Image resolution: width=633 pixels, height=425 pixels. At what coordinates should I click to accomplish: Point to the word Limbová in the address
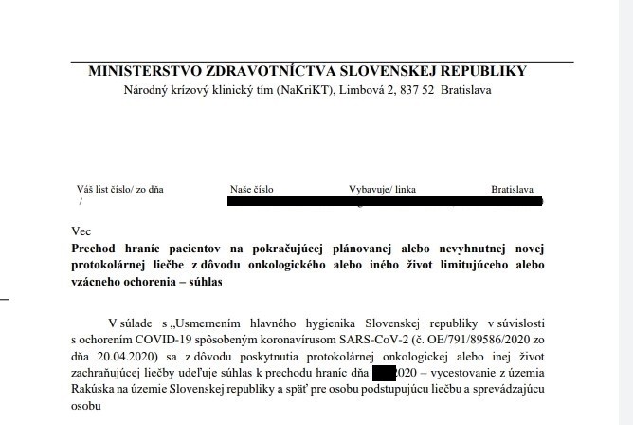coord(356,90)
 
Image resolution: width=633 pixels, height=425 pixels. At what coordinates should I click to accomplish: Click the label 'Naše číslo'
coord(251,189)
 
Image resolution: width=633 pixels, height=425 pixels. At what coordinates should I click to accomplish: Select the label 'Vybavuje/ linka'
coord(383,189)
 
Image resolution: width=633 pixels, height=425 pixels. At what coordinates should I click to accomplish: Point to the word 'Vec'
coord(81,231)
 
